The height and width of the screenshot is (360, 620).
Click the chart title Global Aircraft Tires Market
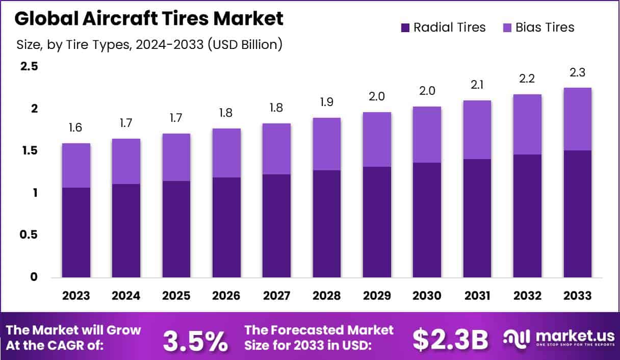coord(148,19)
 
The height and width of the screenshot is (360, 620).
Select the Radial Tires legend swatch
coord(405,28)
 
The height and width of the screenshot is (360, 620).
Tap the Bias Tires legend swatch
coord(507,28)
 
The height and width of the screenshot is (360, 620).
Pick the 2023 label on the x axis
coord(76,296)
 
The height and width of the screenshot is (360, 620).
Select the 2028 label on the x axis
coord(327,296)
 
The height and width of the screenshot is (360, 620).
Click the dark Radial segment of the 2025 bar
coord(176,229)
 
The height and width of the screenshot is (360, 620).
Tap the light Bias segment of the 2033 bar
coord(578,119)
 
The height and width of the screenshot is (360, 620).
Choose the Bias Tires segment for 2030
coord(427,135)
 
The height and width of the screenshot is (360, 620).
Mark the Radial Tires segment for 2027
coord(277,226)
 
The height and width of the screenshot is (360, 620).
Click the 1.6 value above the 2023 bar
coord(76,128)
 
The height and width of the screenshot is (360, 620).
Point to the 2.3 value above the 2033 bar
coord(578,72)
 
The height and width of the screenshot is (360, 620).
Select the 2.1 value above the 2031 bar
coord(477,85)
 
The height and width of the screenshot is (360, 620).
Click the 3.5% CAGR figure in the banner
coord(195,341)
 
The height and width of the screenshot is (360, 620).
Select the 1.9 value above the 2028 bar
coord(327,102)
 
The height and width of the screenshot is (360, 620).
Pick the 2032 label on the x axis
coord(527,296)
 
